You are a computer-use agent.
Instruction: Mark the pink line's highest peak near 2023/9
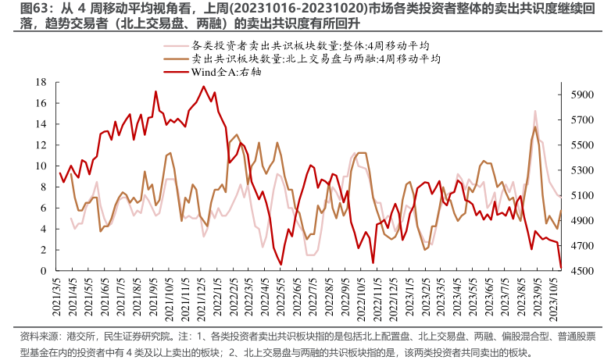535,111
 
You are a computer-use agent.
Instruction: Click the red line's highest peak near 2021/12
203,86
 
